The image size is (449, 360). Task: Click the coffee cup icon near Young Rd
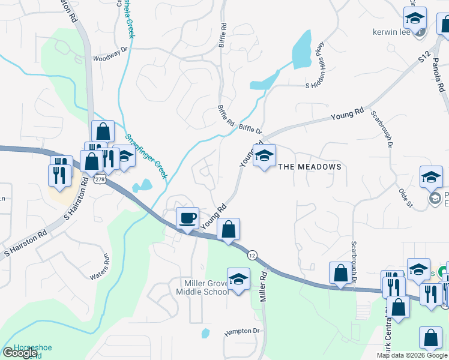click(x=188, y=217)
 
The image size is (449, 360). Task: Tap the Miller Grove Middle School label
click(x=202, y=287)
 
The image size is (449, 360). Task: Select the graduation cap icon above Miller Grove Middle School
click(x=239, y=279)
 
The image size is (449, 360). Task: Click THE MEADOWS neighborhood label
click(x=309, y=167)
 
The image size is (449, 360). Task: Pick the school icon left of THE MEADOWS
click(x=264, y=156)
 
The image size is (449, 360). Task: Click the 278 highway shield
click(x=100, y=179)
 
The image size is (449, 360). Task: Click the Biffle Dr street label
click(x=251, y=129)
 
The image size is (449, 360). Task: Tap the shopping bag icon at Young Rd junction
click(x=228, y=229)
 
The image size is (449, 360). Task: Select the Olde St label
click(x=406, y=197)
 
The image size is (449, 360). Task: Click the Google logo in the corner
click(x=20, y=353)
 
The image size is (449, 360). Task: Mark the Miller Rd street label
click(x=262, y=286)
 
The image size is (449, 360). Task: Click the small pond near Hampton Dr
click(x=205, y=333)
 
